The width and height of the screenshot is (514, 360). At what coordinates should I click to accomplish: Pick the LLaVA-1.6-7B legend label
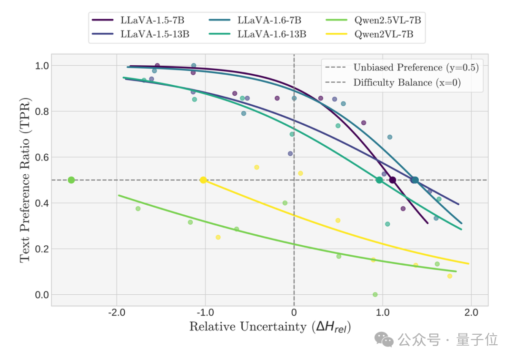tap(269, 20)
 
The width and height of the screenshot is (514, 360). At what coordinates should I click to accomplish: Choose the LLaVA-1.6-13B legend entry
tap(271, 34)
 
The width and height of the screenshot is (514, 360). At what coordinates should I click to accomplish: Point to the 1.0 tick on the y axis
tap(42, 66)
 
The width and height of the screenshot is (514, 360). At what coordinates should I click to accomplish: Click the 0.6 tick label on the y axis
tap(42, 157)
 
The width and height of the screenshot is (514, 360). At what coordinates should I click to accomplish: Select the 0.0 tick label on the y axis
tap(42, 295)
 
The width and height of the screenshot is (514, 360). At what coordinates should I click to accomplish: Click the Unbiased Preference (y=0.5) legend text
tap(415, 68)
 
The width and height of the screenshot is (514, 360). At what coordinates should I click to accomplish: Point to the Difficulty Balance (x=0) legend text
tap(406, 82)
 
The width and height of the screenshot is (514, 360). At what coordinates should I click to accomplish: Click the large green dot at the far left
tap(71, 180)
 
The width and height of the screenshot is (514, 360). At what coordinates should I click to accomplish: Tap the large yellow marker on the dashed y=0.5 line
tap(203, 180)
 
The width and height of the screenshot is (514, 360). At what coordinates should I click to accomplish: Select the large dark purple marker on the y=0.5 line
tap(393, 180)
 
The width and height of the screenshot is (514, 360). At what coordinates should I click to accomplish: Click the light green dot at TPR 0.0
tap(375, 295)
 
